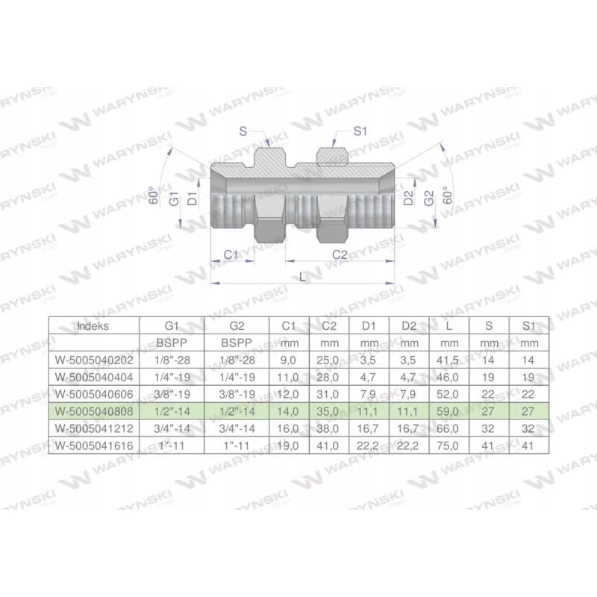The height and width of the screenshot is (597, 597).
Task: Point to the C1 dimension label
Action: (x=232, y=254)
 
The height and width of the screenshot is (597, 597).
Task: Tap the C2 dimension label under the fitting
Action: (x=340, y=254)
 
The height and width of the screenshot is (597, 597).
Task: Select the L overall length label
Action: (x=301, y=277)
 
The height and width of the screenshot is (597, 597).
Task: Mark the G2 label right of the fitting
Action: (x=428, y=198)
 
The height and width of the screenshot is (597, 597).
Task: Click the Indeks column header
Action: (x=93, y=325)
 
